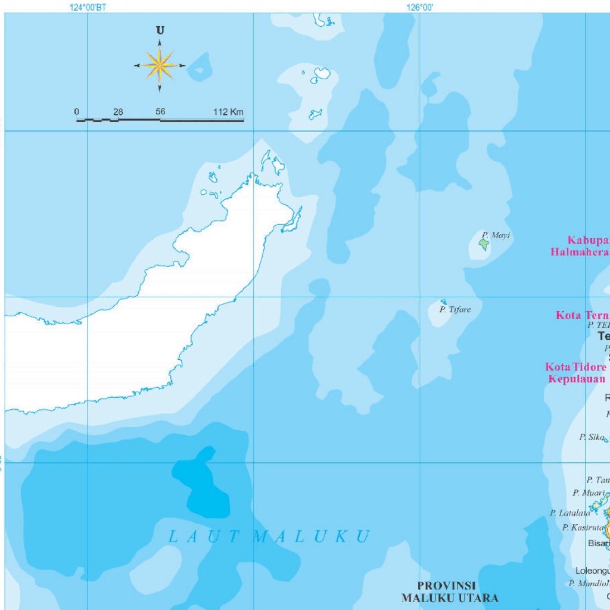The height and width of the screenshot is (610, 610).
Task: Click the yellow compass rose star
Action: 159,65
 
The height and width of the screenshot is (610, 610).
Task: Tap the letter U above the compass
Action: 160,30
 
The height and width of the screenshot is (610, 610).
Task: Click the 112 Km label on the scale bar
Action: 228,112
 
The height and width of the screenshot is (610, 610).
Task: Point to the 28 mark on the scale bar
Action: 118,112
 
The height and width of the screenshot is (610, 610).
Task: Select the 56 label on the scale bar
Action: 160,112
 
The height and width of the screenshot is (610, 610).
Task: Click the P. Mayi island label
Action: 496,235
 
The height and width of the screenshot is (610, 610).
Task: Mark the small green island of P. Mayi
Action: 484,244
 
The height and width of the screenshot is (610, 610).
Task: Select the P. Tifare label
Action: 455,310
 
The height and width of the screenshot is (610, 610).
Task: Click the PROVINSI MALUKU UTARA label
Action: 449,592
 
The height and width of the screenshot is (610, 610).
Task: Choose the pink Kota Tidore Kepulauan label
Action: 576,373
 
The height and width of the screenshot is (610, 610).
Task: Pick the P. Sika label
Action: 592,437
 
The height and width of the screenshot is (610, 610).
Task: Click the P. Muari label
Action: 589,493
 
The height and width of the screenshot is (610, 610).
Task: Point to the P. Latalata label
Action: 570,513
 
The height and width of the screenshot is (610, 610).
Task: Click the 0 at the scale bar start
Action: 76,112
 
